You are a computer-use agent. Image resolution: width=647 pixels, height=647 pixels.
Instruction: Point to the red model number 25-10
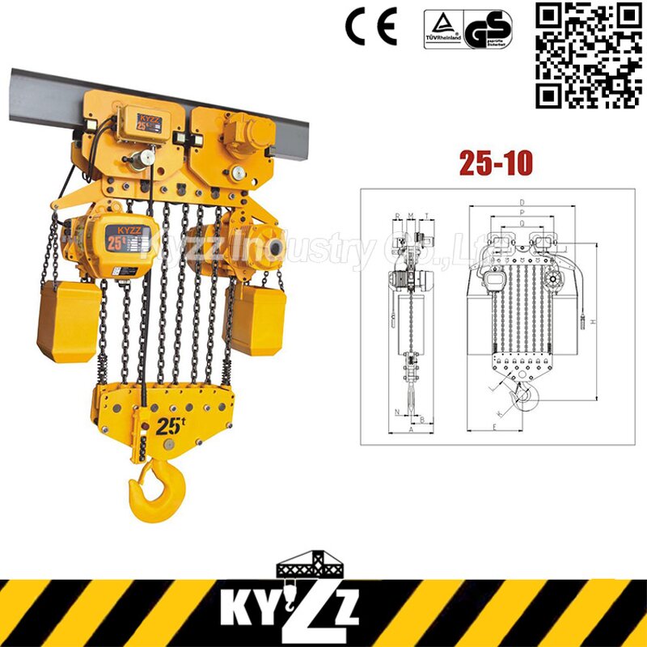coord(496,163)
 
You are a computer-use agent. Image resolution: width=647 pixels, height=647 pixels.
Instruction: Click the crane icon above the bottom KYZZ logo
coord(323,565)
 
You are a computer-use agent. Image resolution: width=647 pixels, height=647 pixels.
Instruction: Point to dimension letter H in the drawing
coord(593,323)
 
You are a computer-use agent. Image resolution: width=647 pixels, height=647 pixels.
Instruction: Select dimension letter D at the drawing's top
coord(524,201)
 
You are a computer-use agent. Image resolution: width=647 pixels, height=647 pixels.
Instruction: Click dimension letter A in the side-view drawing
coord(412,431)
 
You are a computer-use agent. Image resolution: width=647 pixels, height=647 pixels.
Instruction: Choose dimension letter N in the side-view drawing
coord(397,412)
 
